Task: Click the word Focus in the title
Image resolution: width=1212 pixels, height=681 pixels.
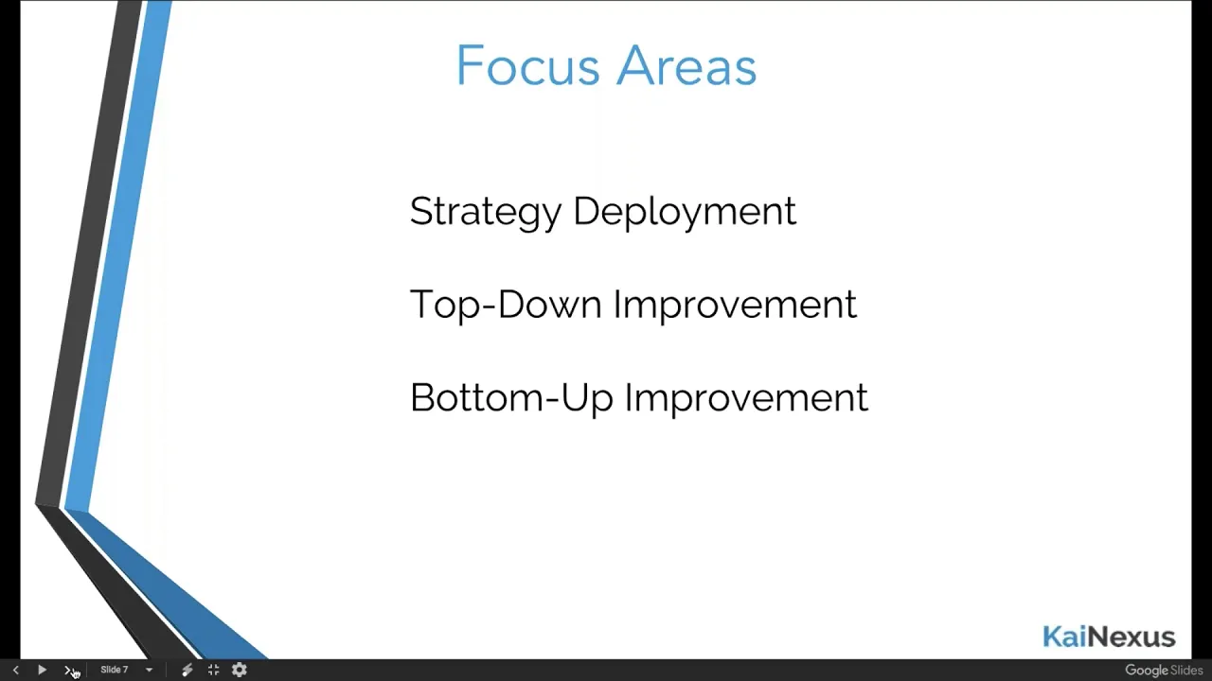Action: pos(527,65)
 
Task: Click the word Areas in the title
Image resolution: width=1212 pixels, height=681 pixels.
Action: pos(686,65)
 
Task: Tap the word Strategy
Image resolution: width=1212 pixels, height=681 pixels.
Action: pos(486,213)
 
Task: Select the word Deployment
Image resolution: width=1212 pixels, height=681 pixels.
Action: pos(685,213)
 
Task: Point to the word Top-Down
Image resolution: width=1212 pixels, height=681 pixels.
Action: pos(506,305)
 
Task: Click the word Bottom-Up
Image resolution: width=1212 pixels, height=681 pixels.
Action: pos(511,398)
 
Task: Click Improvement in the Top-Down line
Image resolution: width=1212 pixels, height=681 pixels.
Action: pos(736,305)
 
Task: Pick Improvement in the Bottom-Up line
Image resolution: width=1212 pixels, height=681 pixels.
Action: pos(747,398)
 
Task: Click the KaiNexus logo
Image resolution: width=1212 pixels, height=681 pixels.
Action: pos(1109,637)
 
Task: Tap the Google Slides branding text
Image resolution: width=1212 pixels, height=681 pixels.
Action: pos(1164,671)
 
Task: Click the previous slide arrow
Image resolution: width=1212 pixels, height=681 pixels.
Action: pos(16,671)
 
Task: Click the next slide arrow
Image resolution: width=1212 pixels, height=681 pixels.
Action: pos(67,671)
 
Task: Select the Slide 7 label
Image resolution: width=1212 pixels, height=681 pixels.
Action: pos(115,670)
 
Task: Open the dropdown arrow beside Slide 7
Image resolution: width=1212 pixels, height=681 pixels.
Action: pos(150,671)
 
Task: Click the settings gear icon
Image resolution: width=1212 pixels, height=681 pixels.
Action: pos(240,671)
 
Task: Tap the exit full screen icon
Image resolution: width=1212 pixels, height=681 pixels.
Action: pos(214,671)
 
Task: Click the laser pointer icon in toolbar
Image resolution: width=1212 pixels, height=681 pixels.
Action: pos(187,671)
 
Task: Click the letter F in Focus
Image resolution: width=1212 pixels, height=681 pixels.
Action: pos(469,65)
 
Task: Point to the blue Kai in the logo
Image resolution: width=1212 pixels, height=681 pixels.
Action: pos(1063,637)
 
